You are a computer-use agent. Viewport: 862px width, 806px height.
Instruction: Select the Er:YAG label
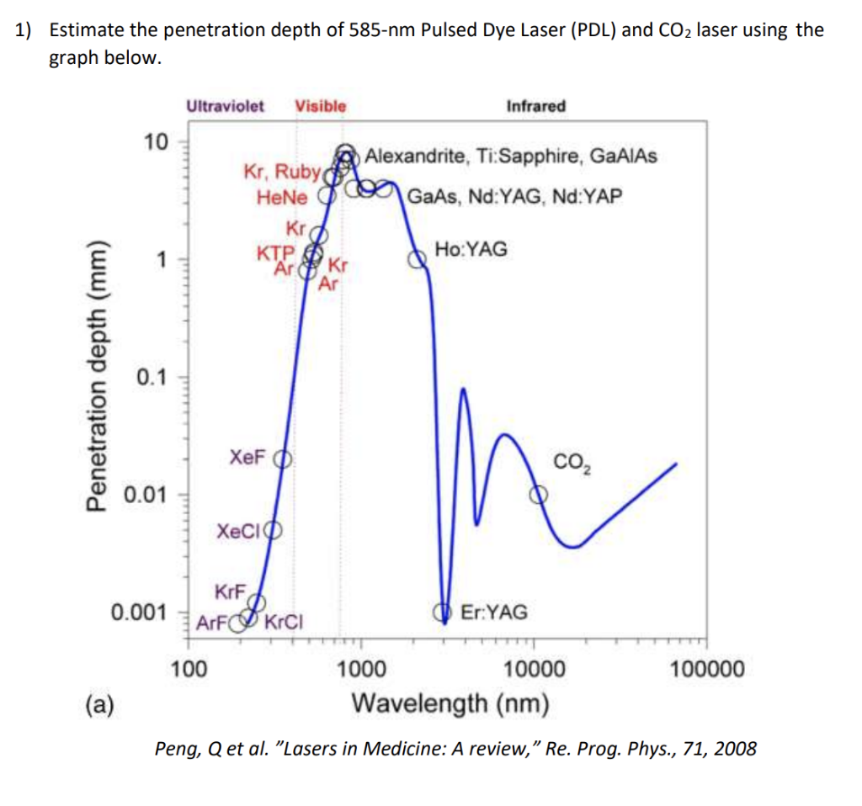494,612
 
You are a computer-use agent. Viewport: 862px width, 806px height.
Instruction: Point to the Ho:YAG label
471,249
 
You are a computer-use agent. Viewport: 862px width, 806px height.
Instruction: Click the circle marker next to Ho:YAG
418,259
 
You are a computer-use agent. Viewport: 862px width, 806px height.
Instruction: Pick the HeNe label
282,198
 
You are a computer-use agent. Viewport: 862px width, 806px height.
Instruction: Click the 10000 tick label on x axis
534,671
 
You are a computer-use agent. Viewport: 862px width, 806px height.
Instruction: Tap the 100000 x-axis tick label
707,671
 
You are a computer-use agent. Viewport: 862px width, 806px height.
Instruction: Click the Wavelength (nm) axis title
450,702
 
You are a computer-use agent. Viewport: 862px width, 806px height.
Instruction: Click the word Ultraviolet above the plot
225,106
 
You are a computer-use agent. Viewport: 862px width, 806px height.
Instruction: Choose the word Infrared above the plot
535,106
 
